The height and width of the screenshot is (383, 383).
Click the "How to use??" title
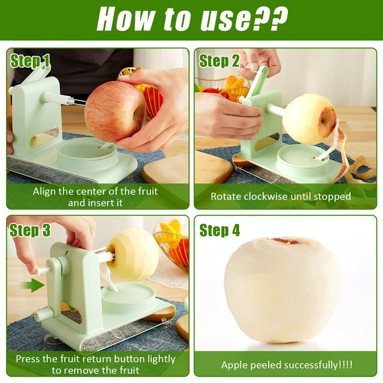tap(191, 19)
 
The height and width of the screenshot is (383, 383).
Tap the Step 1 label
tap(31, 60)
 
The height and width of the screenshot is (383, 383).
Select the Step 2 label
tap(219, 60)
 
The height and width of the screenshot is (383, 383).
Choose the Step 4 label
tap(219, 230)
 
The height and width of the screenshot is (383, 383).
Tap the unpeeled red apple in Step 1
tap(114, 111)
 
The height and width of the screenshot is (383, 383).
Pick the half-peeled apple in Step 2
tap(309, 118)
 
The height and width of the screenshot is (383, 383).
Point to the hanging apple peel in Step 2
tap(342, 159)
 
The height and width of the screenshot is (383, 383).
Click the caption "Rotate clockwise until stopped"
tap(281, 196)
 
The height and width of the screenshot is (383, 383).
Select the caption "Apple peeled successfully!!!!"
tap(287, 365)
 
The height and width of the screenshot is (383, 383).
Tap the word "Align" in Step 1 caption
tap(45, 191)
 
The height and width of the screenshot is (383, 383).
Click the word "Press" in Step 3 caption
tap(28, 359)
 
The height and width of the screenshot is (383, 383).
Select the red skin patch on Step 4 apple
tap(286, 241)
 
